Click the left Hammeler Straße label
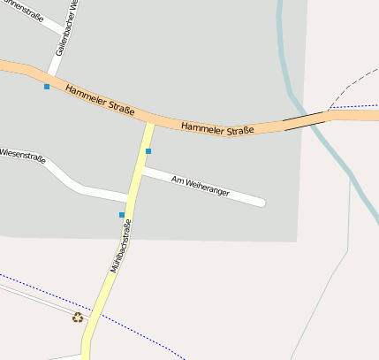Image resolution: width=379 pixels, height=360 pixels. pos(100,99)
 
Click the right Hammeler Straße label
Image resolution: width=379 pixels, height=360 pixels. pos(217,129)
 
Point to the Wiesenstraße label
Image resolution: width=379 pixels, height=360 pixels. pos(22,155)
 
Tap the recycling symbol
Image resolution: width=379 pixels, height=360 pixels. pos(78,317)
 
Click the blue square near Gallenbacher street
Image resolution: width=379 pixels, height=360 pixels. pos(47,87)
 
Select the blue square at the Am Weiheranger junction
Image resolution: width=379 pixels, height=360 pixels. pos(148,151)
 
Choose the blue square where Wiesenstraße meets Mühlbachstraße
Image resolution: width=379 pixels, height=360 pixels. pos(122,215)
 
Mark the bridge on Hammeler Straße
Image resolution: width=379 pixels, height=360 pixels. pos(304,120)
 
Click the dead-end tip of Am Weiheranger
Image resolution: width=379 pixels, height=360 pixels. pos(262,203)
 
